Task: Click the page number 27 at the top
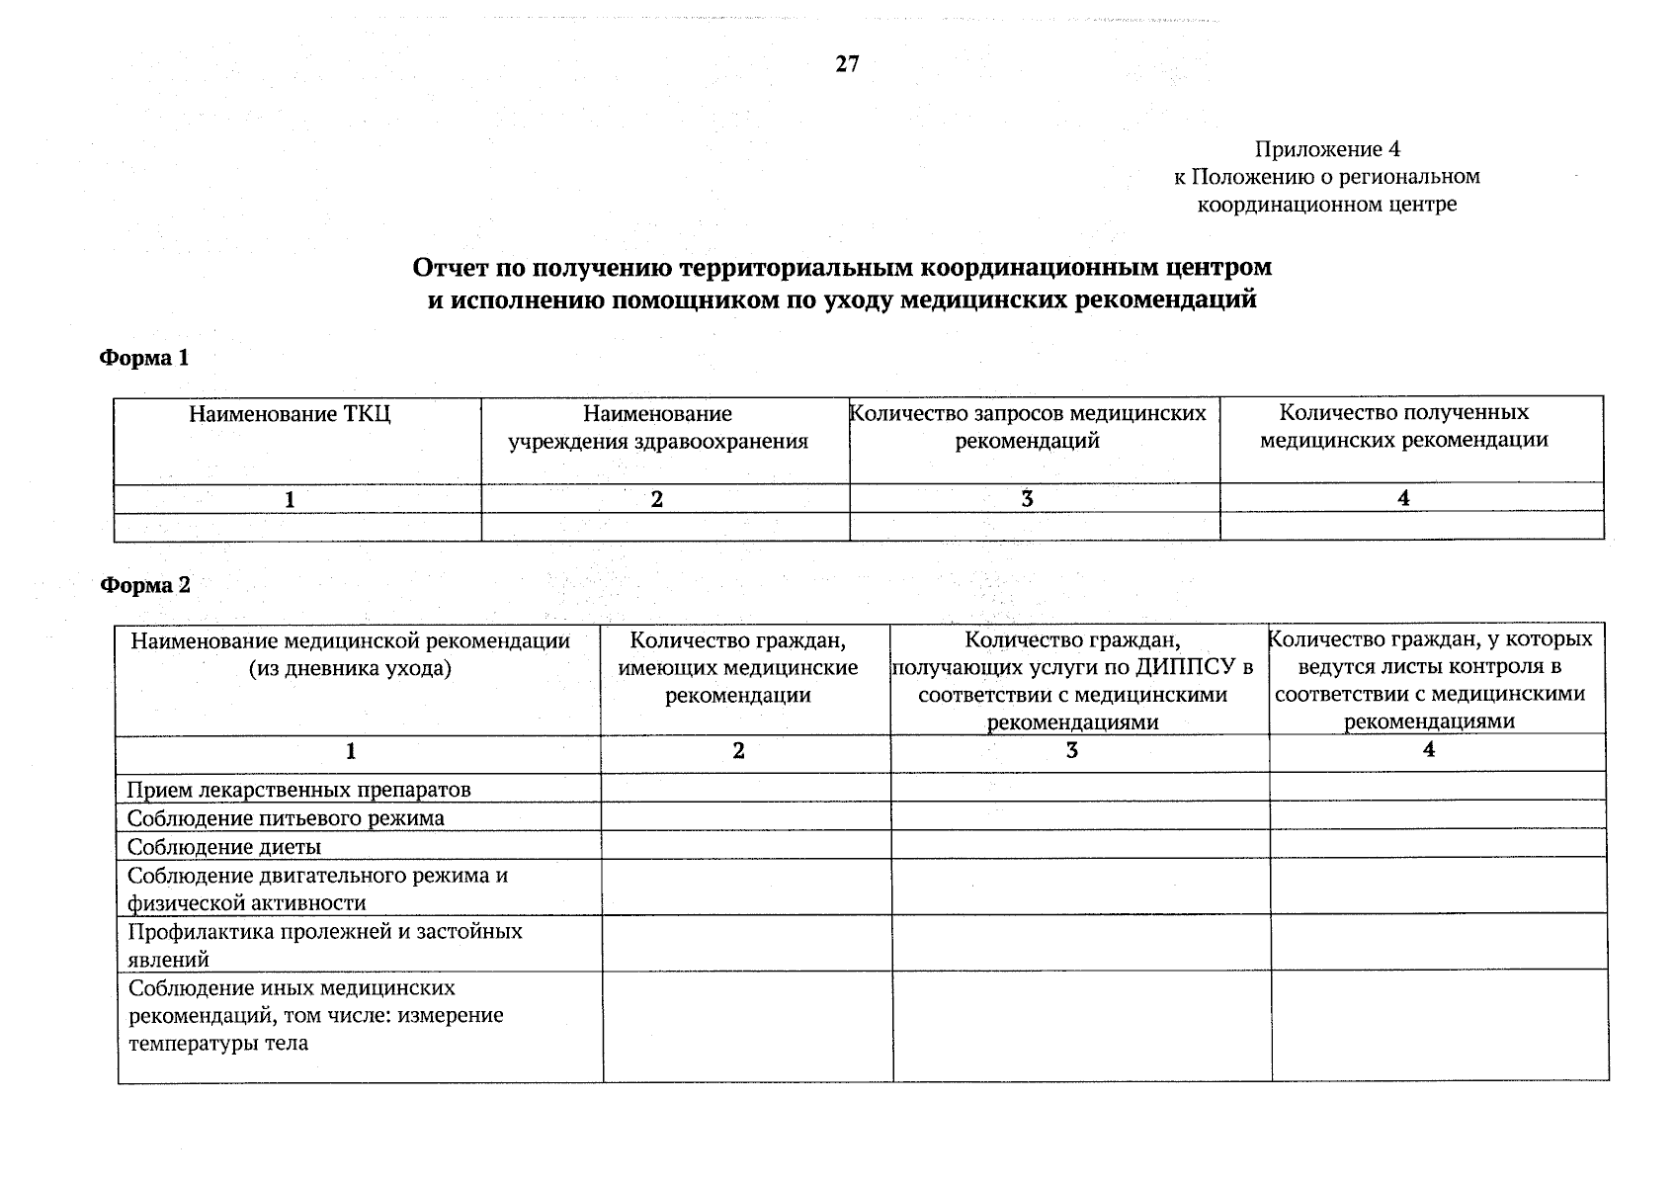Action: pyautogui.click(x=847, y=65)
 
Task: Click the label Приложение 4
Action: pyautogui.click(x=1327, y=149)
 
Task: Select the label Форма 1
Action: pyautogui.click(x=144, y=358)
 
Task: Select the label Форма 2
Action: pyautogui.click(x=145, y=585)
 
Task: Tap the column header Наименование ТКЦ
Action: pyautogui.click(x=290, y=414)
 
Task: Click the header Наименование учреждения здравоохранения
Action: pyautogui.click(x=657, y=427)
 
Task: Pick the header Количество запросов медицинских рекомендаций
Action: pyautogui.click(x=1028, y=427)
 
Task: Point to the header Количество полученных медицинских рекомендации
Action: pyautogui.click(x=1403, y=426)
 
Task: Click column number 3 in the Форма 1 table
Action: pyautogui.click(x=1028, y=500)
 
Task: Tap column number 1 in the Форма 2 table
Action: pyautogui.click(x=351, y=752)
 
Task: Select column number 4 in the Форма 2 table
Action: pyautogui.click(x=1428, y=750)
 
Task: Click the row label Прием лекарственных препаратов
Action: pyautogui.click(x=298, y=790)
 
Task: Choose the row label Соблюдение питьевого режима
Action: pyautogui.click(x=286, y=818)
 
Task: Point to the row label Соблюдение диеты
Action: pyautogui.click(x=224, y=847)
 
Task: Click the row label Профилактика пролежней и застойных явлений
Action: pyautogui.click(x=325, y=945)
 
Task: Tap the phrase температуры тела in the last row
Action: pyautogui.click(x=218, y=1043)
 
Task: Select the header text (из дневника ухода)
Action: pyautogui.click(x=350, y=668)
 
